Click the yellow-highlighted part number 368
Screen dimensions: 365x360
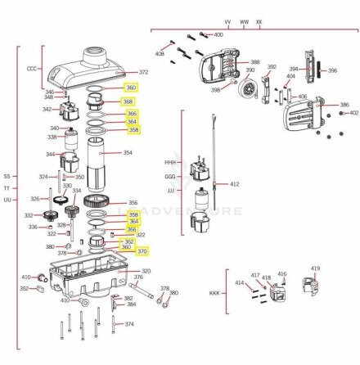coord(128,101)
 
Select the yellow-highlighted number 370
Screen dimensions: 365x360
coord(142,251)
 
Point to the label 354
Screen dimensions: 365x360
coord(127,153)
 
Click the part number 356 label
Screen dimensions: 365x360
coord(133,203)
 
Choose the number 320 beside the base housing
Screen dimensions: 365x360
coord(146,271)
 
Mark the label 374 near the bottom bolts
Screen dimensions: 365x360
coord(128,324)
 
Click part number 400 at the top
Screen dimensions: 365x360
coord(218,35)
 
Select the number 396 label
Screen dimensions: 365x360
coord(332,71)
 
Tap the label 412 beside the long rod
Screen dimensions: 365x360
coord(235,185)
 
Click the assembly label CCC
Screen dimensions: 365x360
coord(33,69)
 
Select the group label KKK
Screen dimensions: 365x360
coord(215,292)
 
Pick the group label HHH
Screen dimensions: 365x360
coord(170,162)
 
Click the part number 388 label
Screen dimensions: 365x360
coord(254,62)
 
